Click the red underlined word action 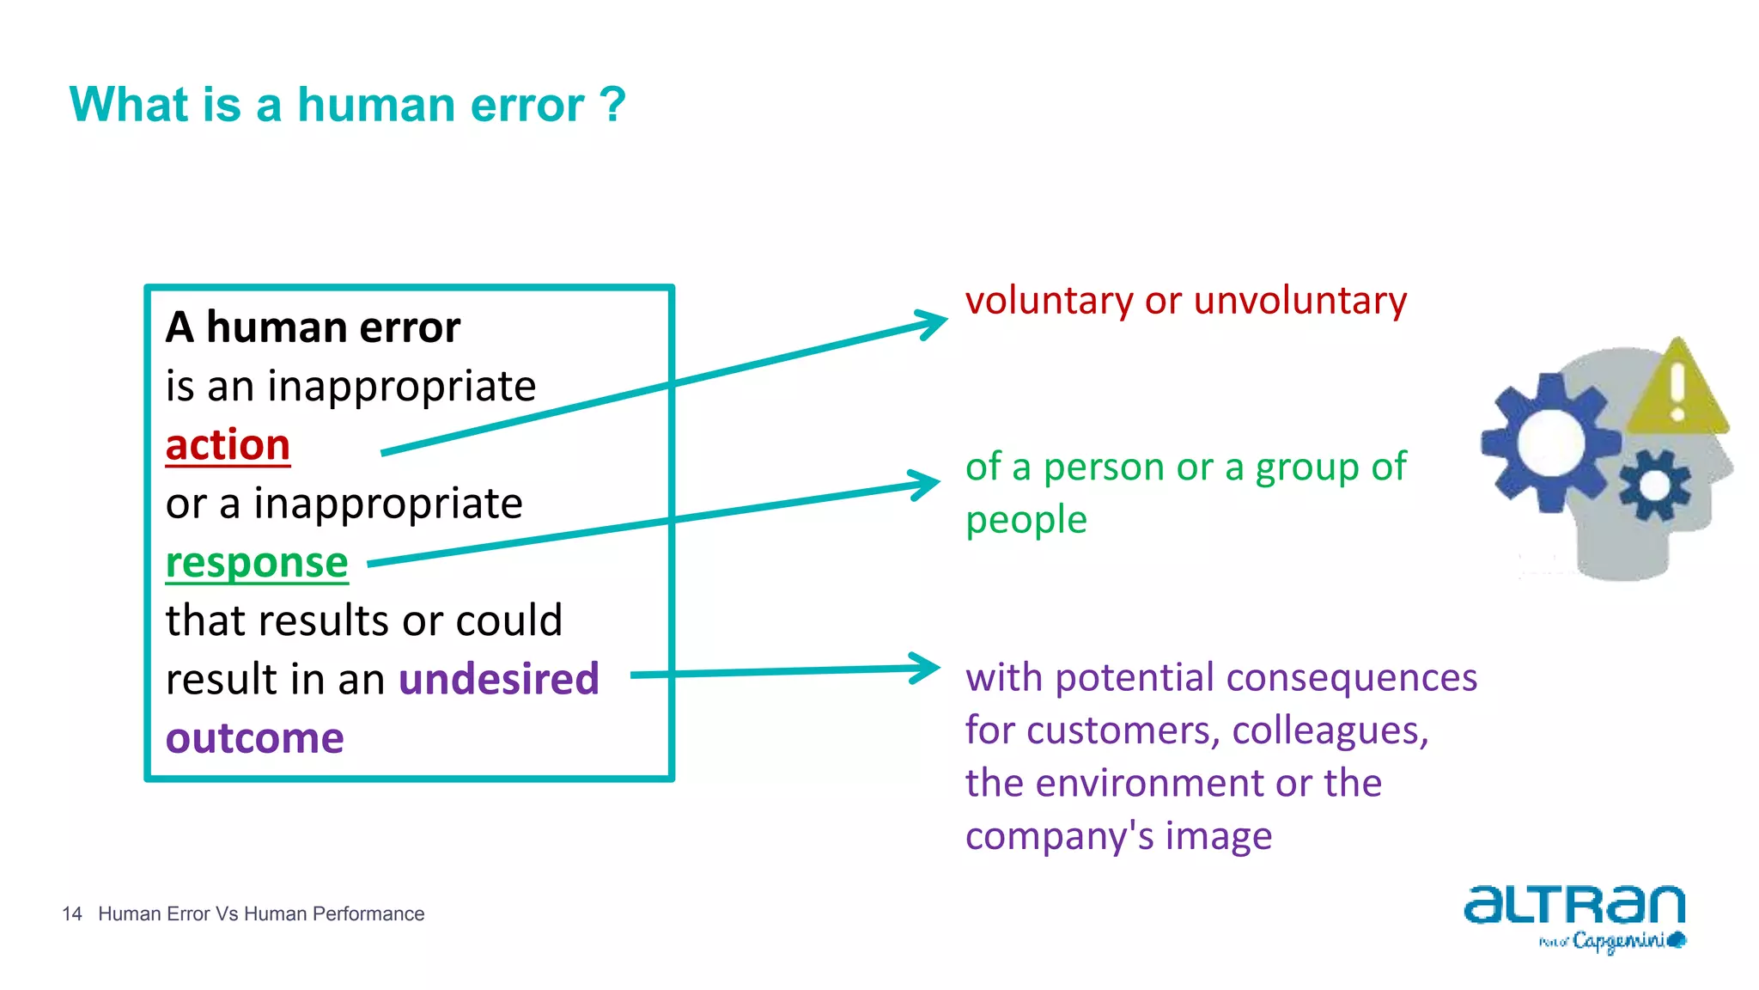tap(228, 445)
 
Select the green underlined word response tap(257, 564)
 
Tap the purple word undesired tap(498, 679)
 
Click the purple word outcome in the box tap(255, 738)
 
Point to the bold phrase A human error tap(313, 327)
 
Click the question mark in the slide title tap(613, 105)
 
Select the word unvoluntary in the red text tap(1299, 301)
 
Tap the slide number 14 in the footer tap(72, 914)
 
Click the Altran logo tap(1574, 906)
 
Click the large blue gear tap(1549, 443)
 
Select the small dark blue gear tap(1654, 486)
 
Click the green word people tap(1026, 521)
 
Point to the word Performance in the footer tap(368, 914)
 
